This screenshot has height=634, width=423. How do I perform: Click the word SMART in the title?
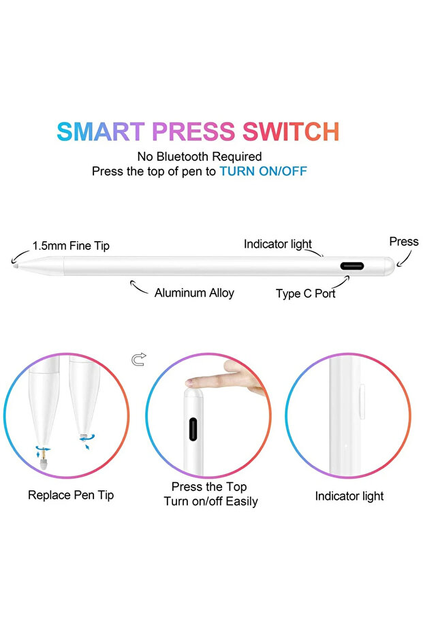tap(100, 131)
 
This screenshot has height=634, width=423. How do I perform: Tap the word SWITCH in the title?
tap(291, 131)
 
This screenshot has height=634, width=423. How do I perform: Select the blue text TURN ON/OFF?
tap(263, 172)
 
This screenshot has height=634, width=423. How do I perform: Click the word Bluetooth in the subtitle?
tap(183, 157)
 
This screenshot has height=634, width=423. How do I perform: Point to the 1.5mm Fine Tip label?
tap(71, 246)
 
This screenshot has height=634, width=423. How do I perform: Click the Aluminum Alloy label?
tap(194, 293)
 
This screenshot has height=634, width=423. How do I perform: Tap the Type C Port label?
tap(305, 294)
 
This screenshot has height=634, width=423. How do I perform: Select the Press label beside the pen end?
tap(404, 242)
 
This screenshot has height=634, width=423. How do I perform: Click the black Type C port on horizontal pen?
tap(352, 266)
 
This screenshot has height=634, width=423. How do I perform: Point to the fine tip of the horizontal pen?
tap(15, 266)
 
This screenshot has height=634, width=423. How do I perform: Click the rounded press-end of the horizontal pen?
tap(389, 266)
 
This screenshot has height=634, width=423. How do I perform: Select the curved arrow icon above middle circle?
tap(139, 359)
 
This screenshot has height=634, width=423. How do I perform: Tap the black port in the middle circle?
tap(193, 429)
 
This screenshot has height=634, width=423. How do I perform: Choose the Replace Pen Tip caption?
tap(71, 495)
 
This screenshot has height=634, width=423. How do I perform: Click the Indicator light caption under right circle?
tap(349, 496)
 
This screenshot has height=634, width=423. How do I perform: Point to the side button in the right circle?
tap(362, 401)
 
